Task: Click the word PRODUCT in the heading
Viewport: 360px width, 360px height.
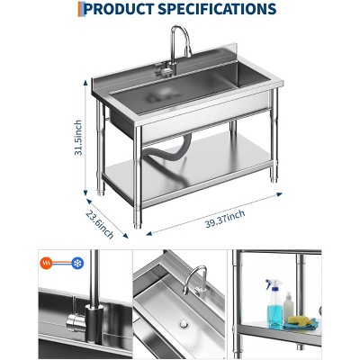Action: click(119, 9)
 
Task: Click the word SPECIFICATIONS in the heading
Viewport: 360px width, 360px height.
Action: click(217, 9)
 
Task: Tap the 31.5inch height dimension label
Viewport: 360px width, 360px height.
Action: click(78, 138)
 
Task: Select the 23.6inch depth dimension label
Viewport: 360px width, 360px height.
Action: click(100, 224)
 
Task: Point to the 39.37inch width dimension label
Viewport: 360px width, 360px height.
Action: click(225, 219)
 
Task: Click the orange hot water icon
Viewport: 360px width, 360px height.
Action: click(46, 264)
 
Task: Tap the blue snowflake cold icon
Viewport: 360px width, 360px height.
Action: click(77, 264)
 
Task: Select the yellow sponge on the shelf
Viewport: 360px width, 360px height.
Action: click(300, 320)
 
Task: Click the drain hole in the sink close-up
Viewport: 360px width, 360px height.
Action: click(184, 324)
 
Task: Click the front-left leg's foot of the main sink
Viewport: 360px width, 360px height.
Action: click(138, 224)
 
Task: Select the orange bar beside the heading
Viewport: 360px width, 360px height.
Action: click(79, 9)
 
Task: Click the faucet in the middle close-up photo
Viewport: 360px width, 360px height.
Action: click(195, 282)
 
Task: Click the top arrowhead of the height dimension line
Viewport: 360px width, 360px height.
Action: click(85, 83)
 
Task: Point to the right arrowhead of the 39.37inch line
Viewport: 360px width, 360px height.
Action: click(280, 194)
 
